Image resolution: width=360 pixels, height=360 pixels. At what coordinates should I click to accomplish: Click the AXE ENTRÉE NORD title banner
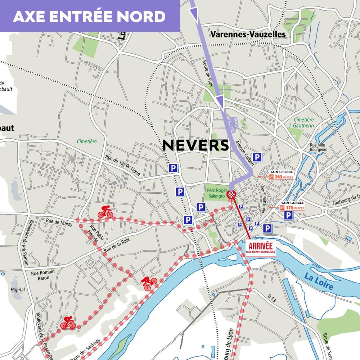89,16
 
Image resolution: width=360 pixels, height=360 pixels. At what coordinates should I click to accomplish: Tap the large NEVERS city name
195,145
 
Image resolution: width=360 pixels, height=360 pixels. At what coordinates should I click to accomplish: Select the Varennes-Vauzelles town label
248,34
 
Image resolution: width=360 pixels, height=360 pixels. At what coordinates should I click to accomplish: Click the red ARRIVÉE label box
261,247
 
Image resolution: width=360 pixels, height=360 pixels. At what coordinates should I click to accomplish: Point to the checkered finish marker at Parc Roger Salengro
232,195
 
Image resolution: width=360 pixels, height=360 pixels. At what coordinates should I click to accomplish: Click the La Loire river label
319,282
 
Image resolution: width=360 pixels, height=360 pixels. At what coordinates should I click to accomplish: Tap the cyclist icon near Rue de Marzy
105,212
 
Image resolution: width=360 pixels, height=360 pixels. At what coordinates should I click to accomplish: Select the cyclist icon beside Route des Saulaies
68,323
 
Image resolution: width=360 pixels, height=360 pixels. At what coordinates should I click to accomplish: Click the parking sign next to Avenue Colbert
257,157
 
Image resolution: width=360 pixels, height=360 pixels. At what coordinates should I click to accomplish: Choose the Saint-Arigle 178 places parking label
292,206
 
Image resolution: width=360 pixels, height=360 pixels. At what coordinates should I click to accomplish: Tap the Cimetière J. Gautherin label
303,122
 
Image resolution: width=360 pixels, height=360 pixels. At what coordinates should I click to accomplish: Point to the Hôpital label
18,289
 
